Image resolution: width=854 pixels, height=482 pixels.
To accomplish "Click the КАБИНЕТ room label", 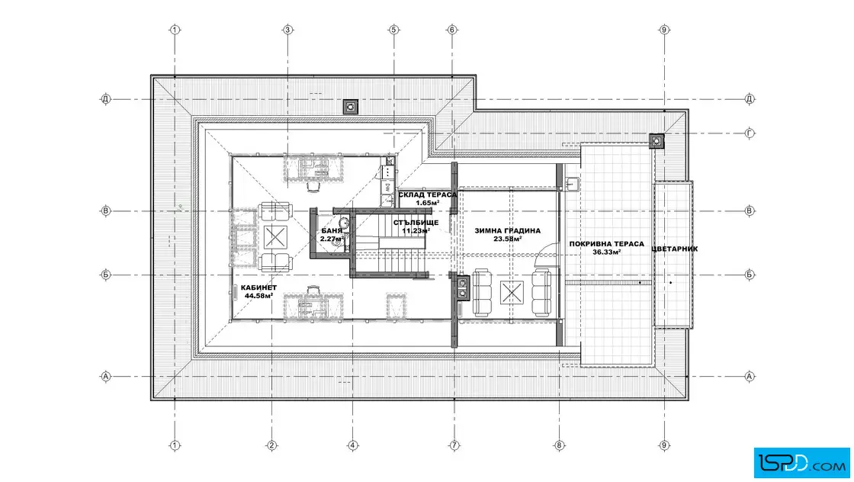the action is [x=258, y=288].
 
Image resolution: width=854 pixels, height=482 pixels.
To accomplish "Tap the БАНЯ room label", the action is [x=332, y=231].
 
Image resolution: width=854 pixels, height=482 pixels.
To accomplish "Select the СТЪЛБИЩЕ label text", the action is [x=416, y=223].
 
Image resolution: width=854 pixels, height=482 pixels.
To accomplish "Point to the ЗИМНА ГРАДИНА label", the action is [x=508, y=231].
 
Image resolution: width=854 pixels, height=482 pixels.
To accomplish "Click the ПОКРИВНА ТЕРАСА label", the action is [x=607, y=244].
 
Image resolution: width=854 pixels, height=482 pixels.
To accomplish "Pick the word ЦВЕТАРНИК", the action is [x=675, y=249].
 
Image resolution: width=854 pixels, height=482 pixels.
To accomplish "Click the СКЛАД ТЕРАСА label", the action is [x=428, y=195].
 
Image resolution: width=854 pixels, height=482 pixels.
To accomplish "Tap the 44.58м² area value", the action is [x=258, y=296].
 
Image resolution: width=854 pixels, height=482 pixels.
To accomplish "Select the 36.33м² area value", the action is [x=607, y=252].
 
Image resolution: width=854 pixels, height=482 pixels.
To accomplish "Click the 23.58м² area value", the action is [x=508, y=239].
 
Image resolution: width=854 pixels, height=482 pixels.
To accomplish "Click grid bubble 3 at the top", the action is [x=288, y=30].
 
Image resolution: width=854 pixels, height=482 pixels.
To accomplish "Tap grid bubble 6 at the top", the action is [x=451, y=30].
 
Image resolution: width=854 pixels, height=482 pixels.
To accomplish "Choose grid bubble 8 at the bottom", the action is [x=560, y=445].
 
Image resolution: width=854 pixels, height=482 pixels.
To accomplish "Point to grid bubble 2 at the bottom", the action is [x=271, y=445].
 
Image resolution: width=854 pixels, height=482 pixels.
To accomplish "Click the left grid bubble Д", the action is [x=106, y=99].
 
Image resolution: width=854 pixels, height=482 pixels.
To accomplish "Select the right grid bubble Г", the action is [x=750, y=133].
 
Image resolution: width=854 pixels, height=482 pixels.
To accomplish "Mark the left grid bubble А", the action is [x=106, y=376].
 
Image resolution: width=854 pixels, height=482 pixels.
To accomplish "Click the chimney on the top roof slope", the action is [x=351, y=107].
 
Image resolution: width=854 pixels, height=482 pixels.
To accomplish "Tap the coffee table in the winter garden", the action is [x=512, y=292].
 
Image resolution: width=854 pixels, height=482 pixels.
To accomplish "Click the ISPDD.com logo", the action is [x=801, y=463].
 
